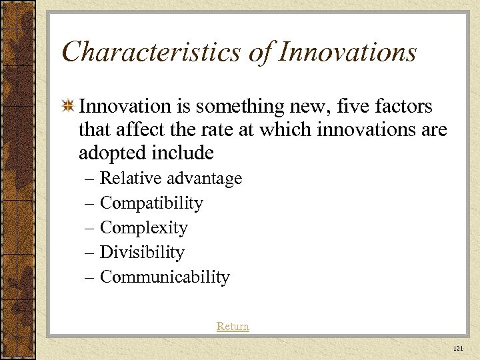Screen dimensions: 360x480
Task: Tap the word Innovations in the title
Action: click(346, 52)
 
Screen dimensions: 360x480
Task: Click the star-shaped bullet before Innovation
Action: click(67, 106)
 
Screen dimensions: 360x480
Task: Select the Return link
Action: click(233, 326)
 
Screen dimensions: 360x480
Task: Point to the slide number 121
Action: click(457, 349)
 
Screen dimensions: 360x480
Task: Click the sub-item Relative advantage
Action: click(171, 179)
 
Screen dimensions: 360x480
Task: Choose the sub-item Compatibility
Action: click(151, 203)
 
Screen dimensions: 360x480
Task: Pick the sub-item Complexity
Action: click(143, 228)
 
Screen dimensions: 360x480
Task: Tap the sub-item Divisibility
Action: click(141, 253)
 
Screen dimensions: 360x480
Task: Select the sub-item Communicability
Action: click(165, 277)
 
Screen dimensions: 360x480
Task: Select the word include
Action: click(183, 153)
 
